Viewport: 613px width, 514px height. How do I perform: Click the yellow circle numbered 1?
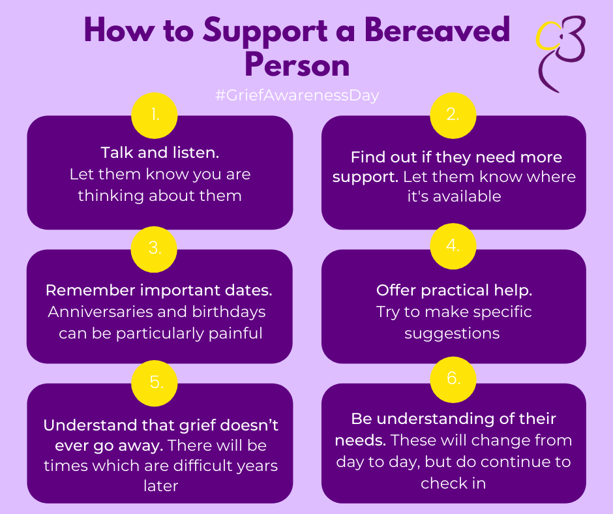(x=155, y=115)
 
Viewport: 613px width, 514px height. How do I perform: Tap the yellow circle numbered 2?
(x=453, y=115)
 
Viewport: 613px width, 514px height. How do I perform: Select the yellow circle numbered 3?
(x=154, y=249)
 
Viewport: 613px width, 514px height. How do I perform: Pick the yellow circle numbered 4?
(x=453, y=246)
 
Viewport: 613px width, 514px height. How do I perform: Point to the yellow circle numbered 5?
(x=155, y=383)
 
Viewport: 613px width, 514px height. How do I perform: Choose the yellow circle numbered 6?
(x=453, y=380)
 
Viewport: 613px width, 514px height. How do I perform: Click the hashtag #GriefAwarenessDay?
(x=297, y=95)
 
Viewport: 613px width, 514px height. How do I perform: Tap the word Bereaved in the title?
(x=438, y=30)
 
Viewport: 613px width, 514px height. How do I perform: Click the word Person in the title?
(x=297, y=65)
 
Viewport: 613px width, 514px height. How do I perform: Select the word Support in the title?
(x=265, y=32)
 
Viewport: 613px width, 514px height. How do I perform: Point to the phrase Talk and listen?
(x=160, y=153)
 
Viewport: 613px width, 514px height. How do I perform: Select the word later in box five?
(x=160, y=486)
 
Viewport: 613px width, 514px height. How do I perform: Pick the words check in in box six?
(x=453, y=483)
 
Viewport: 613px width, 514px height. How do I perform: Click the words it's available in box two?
(x=454, y=196)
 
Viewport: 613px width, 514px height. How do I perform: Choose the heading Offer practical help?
(x=455, y=291)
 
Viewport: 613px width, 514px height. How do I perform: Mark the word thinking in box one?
(x=111, y=196)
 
